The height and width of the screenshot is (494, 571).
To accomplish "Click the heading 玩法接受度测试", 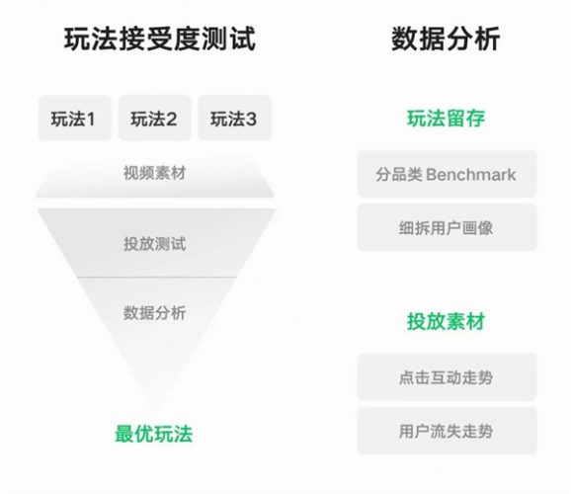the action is (160, 39).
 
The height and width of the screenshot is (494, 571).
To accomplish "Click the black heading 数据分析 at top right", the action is (446, 39).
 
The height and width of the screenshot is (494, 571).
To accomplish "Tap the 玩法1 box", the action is (75, 118).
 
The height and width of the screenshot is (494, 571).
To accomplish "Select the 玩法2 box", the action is (154, 118).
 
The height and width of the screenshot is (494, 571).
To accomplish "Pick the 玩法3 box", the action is (234, 118).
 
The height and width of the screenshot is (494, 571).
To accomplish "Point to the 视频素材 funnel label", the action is (155, 173).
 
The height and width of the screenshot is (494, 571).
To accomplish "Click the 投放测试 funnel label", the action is (155, 244).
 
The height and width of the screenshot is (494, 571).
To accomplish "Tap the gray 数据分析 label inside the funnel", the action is (155, 312).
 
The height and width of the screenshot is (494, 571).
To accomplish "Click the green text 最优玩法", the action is (154, 434).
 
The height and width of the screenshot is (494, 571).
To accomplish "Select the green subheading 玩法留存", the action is (447, 119).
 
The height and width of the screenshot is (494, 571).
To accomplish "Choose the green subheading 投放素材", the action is (447, 321).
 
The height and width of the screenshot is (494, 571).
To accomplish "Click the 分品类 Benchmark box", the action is (447, 174).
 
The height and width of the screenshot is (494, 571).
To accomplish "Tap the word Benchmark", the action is (471, 175).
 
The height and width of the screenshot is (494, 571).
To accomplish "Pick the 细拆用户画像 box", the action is (447, 227).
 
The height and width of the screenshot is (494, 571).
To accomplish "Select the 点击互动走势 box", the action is (447, 377).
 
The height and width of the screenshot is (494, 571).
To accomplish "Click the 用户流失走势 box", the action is (447, 431).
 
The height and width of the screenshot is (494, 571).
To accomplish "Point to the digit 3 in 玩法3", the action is (250, 120).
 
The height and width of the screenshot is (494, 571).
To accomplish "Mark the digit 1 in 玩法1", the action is (91, 120).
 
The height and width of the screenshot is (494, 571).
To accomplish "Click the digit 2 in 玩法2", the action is (171, 120).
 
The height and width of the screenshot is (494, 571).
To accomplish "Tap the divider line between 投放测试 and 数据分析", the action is (157, 278).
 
